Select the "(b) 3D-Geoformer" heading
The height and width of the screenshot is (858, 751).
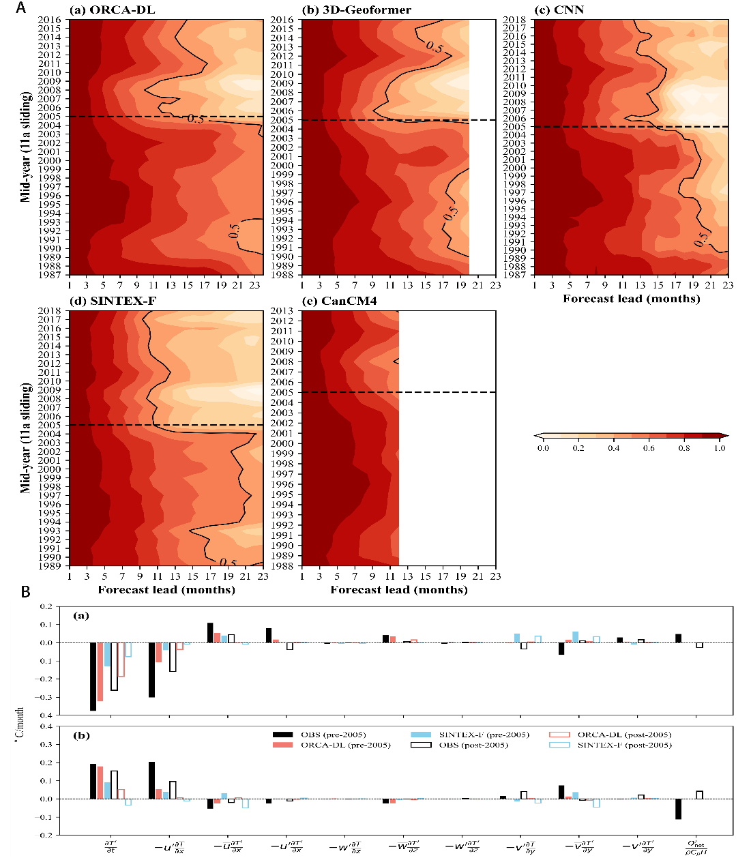[x=349, y=10]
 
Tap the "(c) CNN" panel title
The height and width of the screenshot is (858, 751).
[x=559, y=10]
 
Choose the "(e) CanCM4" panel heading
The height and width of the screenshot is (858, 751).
[x=338, y=301]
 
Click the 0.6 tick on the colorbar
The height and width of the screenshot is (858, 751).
[x=649, y=448]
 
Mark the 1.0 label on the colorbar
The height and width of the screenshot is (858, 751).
[x=720, y=448]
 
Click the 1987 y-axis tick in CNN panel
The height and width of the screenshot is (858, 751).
[x=514, y=275]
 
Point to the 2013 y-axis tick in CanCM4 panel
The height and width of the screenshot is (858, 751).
[x=282, y=311]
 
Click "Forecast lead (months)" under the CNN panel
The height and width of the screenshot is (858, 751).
[x=631, y=299]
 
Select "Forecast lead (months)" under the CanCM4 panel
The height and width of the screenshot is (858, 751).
[x=399, y=590]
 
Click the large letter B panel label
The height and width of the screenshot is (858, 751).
[x=25, y=592]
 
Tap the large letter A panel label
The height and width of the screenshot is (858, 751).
[x=21, y=8]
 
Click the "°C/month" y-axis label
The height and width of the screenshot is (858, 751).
[x=20, y=724]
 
